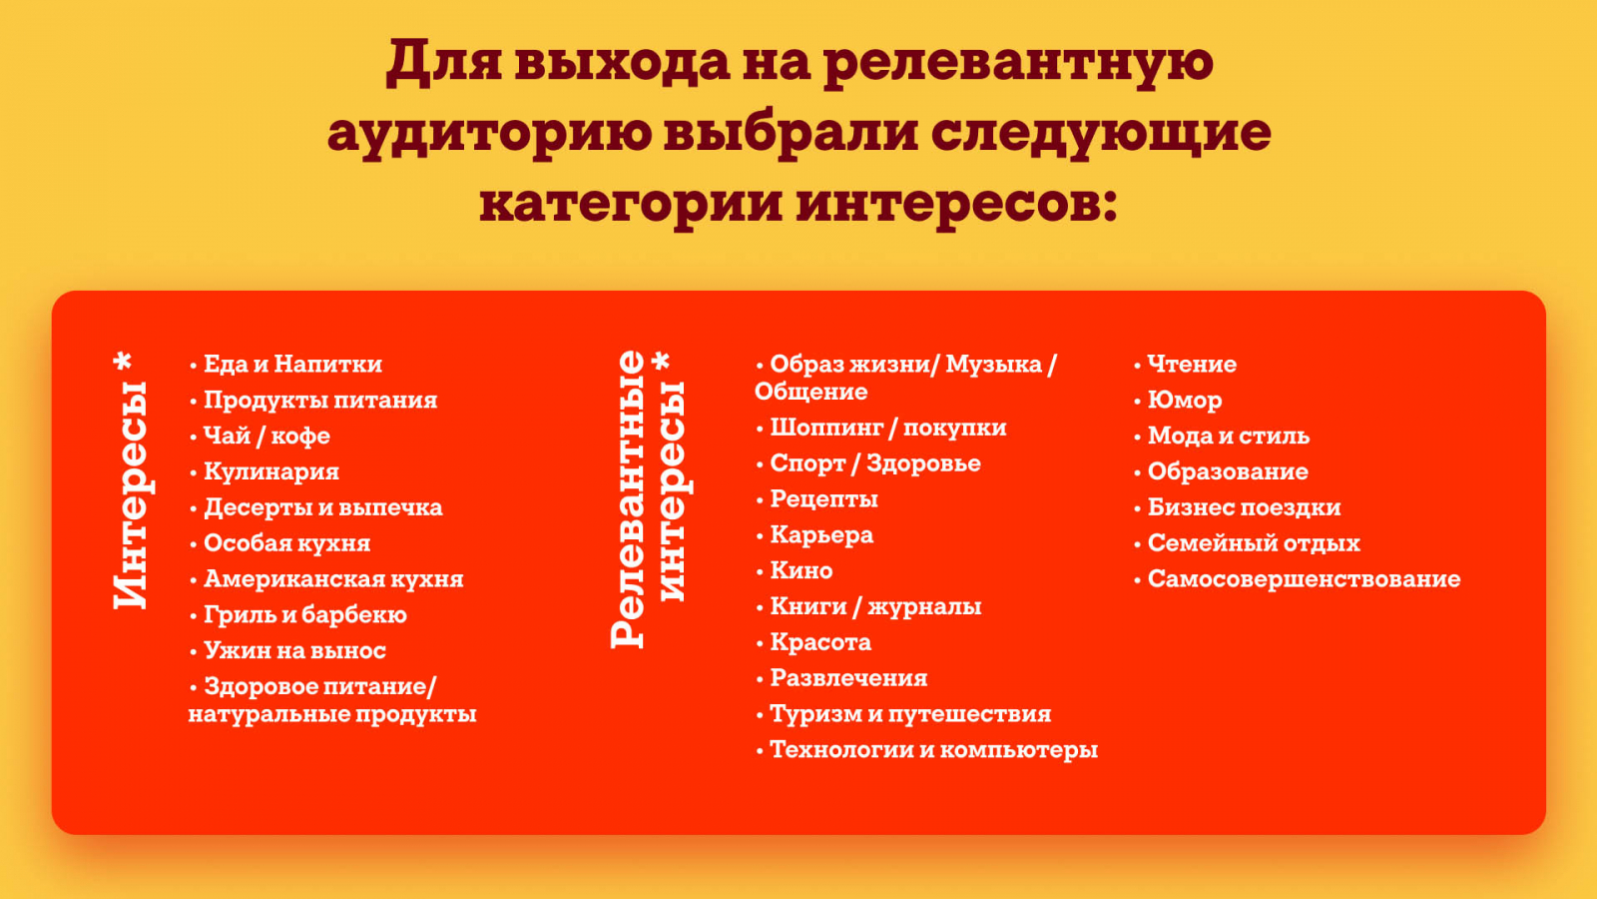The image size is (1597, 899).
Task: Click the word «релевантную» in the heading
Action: (x=1018, y=63)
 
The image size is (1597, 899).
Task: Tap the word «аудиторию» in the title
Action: (x=489, y=134)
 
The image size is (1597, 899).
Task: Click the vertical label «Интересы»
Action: (x=131, y=495)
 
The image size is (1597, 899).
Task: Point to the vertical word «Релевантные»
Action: (x=628, y=499)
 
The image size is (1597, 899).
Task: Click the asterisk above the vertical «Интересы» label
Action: (x=124, y=361)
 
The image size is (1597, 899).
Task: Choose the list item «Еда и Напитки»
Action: (x=293, y=364)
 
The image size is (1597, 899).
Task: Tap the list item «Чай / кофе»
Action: (x=266, y=436)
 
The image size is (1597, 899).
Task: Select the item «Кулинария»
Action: (x=271, y=471)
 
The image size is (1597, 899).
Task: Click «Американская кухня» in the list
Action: (x=333, y=578)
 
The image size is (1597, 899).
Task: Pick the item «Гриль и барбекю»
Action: (x=305, y=615)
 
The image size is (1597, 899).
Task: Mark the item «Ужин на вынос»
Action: (x=295, y=650)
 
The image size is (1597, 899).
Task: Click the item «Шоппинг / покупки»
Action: (x=888, y=429)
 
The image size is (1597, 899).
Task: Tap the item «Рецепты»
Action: (x=824, y=499)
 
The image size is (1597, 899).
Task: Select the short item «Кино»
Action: (x=801, y=570)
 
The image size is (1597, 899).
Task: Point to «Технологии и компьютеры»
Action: (x=934, y=750)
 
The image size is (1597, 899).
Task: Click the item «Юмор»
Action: (x=1185, y=401)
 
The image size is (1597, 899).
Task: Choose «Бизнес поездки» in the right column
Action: (x=1244, y=507)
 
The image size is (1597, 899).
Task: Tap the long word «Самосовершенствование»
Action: (x=1304, y=578)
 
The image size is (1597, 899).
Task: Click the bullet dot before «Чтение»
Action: (x=1137, y=366)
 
